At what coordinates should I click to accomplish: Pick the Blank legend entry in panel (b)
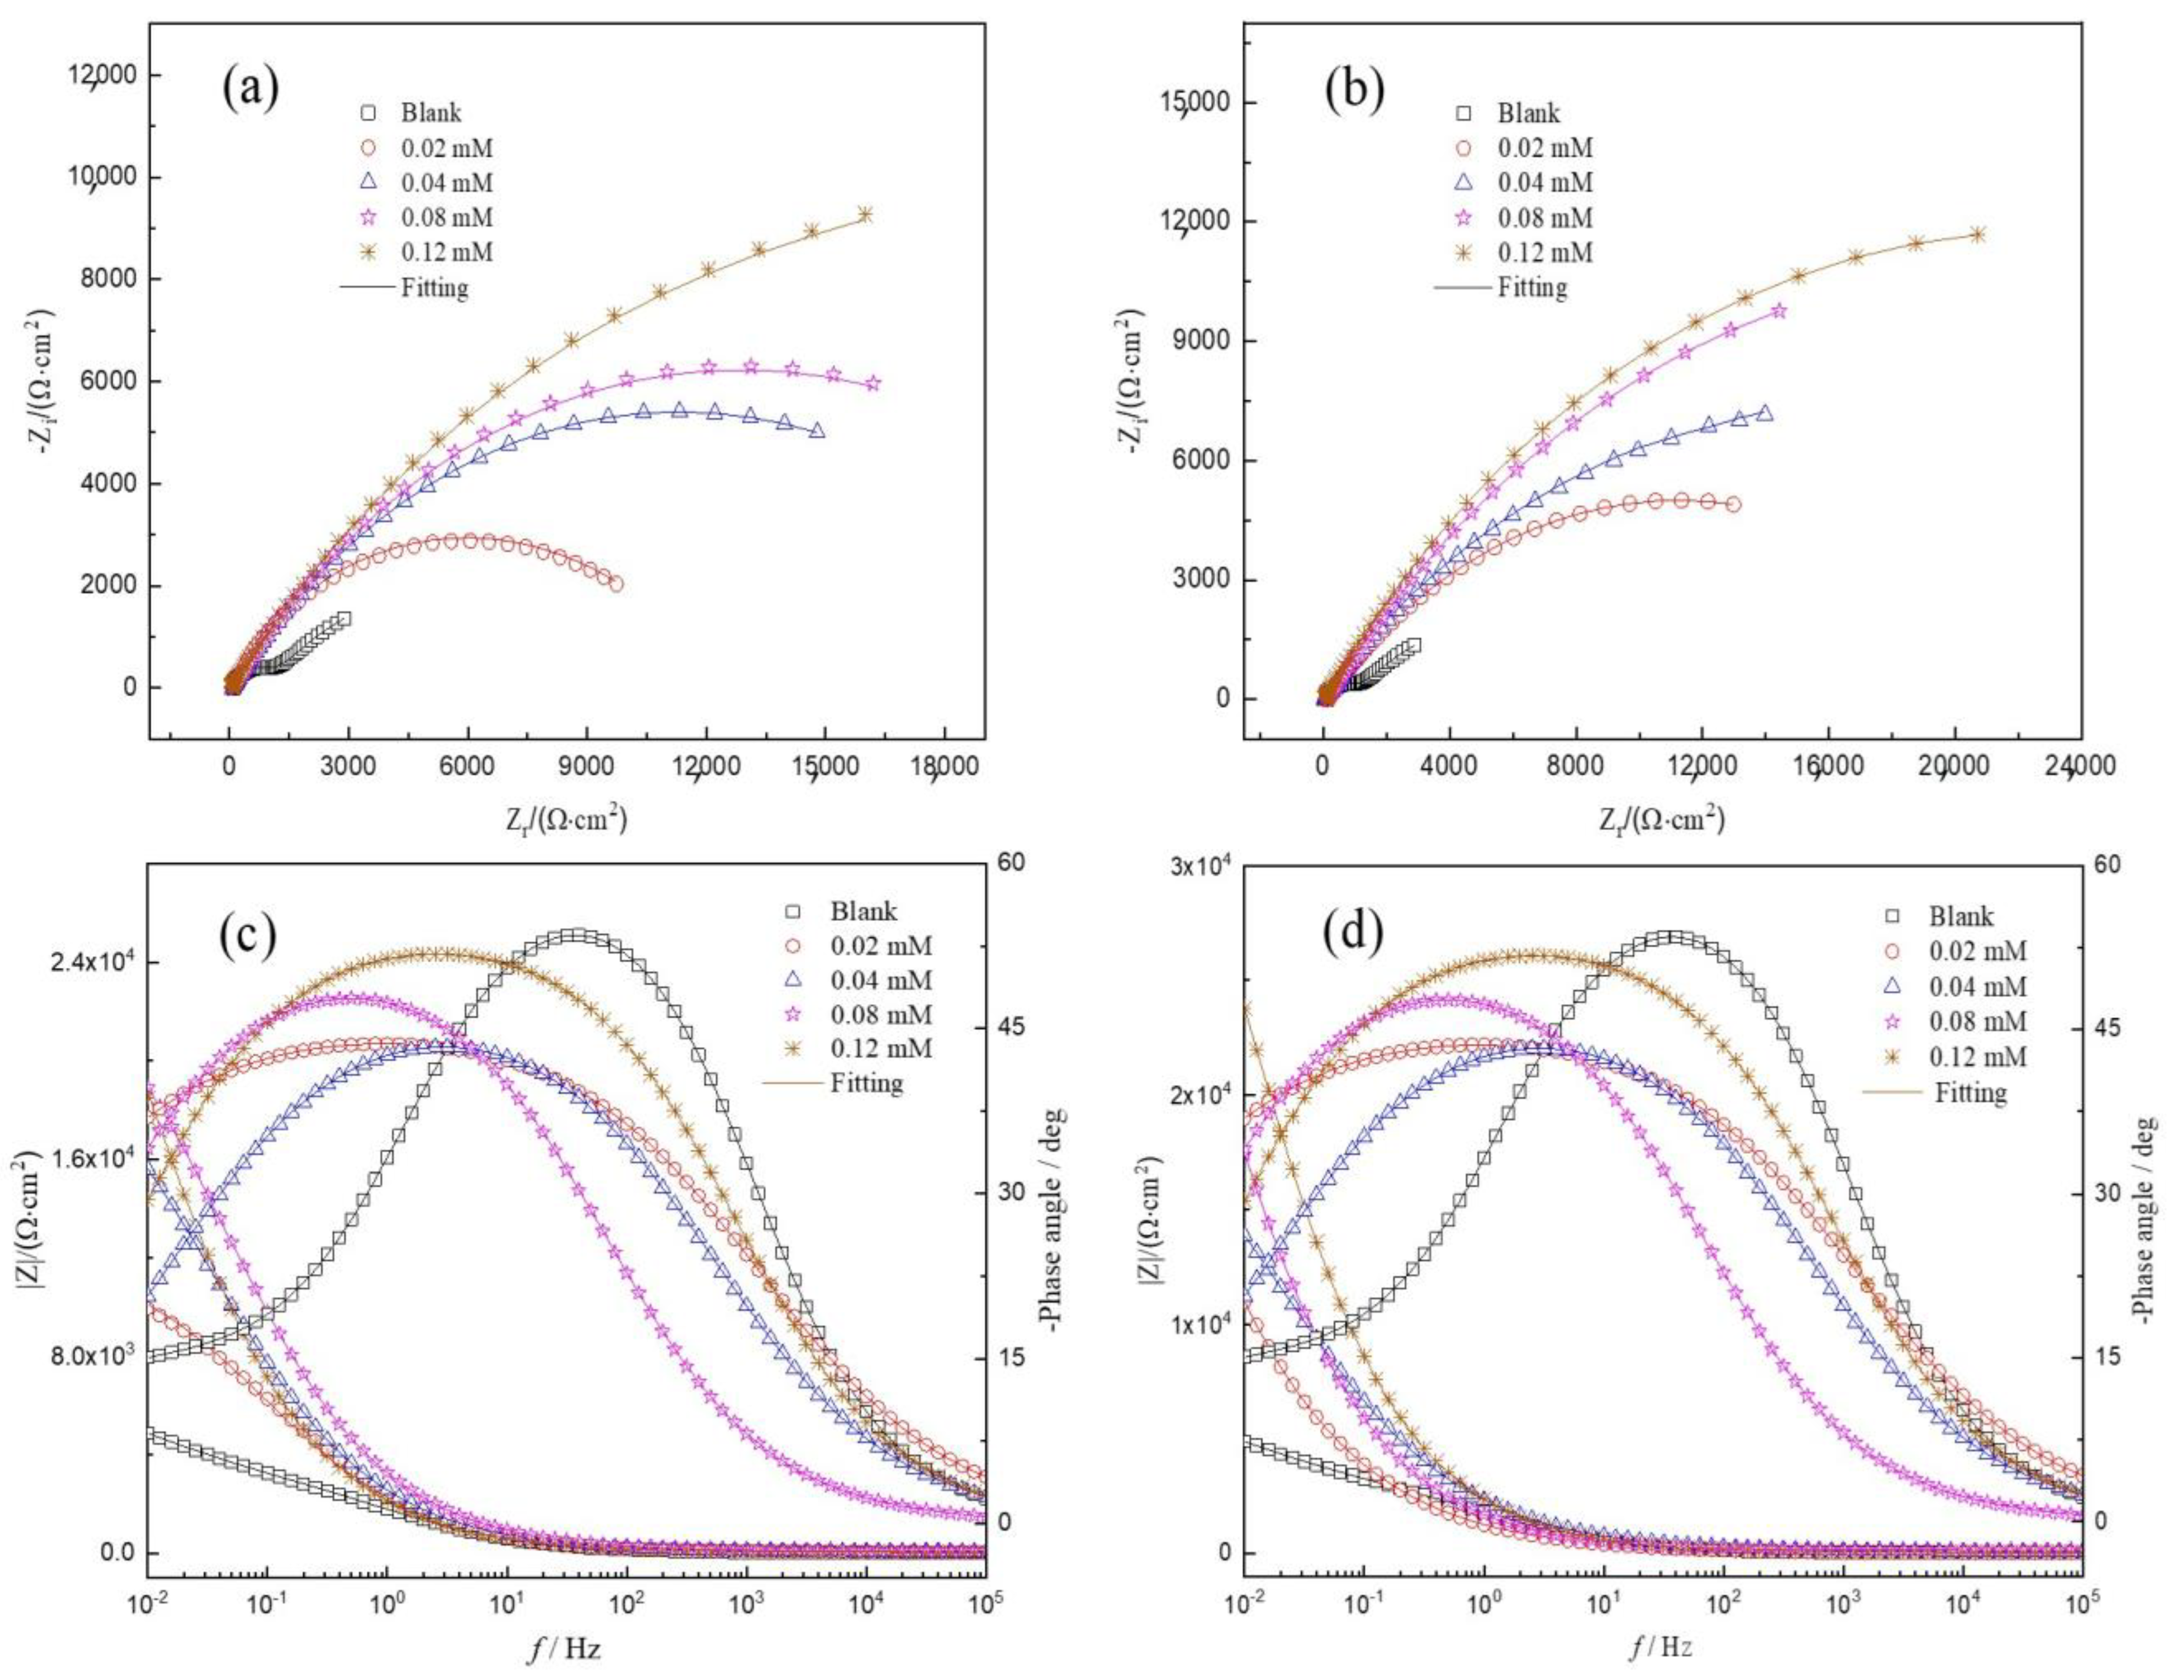pos(1528,113)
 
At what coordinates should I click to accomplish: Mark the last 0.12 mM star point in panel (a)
pos(864,214)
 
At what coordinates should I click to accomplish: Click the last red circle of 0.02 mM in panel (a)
pos(615,585)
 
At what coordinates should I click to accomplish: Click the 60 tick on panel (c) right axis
pos(1013,863)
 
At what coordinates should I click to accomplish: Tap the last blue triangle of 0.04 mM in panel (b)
pos(1764,413)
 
